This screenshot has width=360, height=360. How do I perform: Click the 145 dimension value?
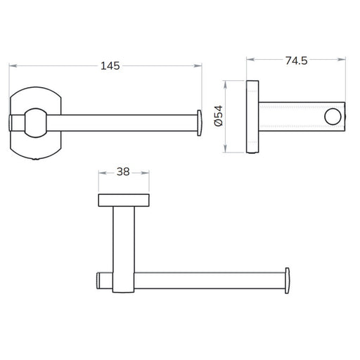tap(110, 66)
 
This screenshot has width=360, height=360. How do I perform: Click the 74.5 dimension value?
tap(296, 60)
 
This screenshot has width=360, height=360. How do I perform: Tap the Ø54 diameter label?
tap(219, 116)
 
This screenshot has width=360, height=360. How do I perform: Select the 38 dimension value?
tap(123, 172)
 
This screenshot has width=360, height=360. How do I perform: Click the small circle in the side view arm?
tap(333, 117)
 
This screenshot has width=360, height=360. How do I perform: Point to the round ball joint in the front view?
tap(36, 123)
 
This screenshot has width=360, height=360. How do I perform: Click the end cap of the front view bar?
tap(200, 123)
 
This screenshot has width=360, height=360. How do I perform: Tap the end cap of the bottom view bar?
tap(287, 281)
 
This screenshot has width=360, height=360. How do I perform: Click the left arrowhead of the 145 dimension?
tap(13, 66)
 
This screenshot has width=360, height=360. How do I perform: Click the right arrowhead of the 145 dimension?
tap(198, 66)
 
